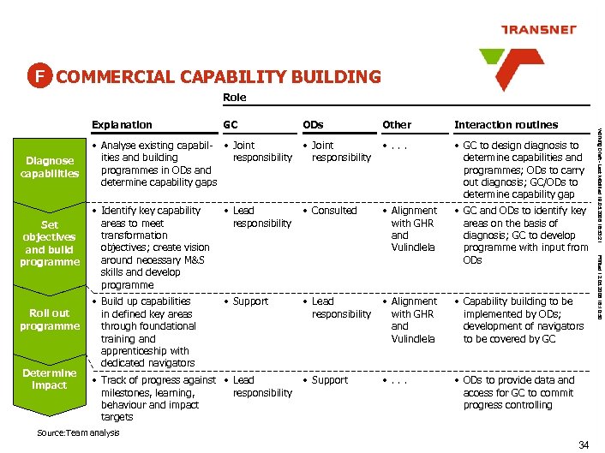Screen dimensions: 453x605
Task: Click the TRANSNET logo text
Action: tap(539, 29)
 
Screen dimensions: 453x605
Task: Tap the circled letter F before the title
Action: tap(39, 76)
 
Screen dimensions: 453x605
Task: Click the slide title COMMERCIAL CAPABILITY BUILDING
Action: tap(218, 77)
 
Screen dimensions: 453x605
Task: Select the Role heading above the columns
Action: tap(234, 98)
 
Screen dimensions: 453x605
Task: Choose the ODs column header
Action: tap(313, 124)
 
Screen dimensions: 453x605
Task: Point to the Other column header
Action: tap(397, 124)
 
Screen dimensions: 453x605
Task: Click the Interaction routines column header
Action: tap(506, 124)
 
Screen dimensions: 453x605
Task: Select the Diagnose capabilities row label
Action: tap(51, 167)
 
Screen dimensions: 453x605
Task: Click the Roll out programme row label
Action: tap(50, 319)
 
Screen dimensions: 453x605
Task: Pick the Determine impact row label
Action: tap(50, 378)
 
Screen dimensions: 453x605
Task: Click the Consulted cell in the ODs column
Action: tap(333, 211)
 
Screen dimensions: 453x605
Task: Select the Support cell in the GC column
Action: tap(250, 301)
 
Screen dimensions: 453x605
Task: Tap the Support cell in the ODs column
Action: tap(330, 380)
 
